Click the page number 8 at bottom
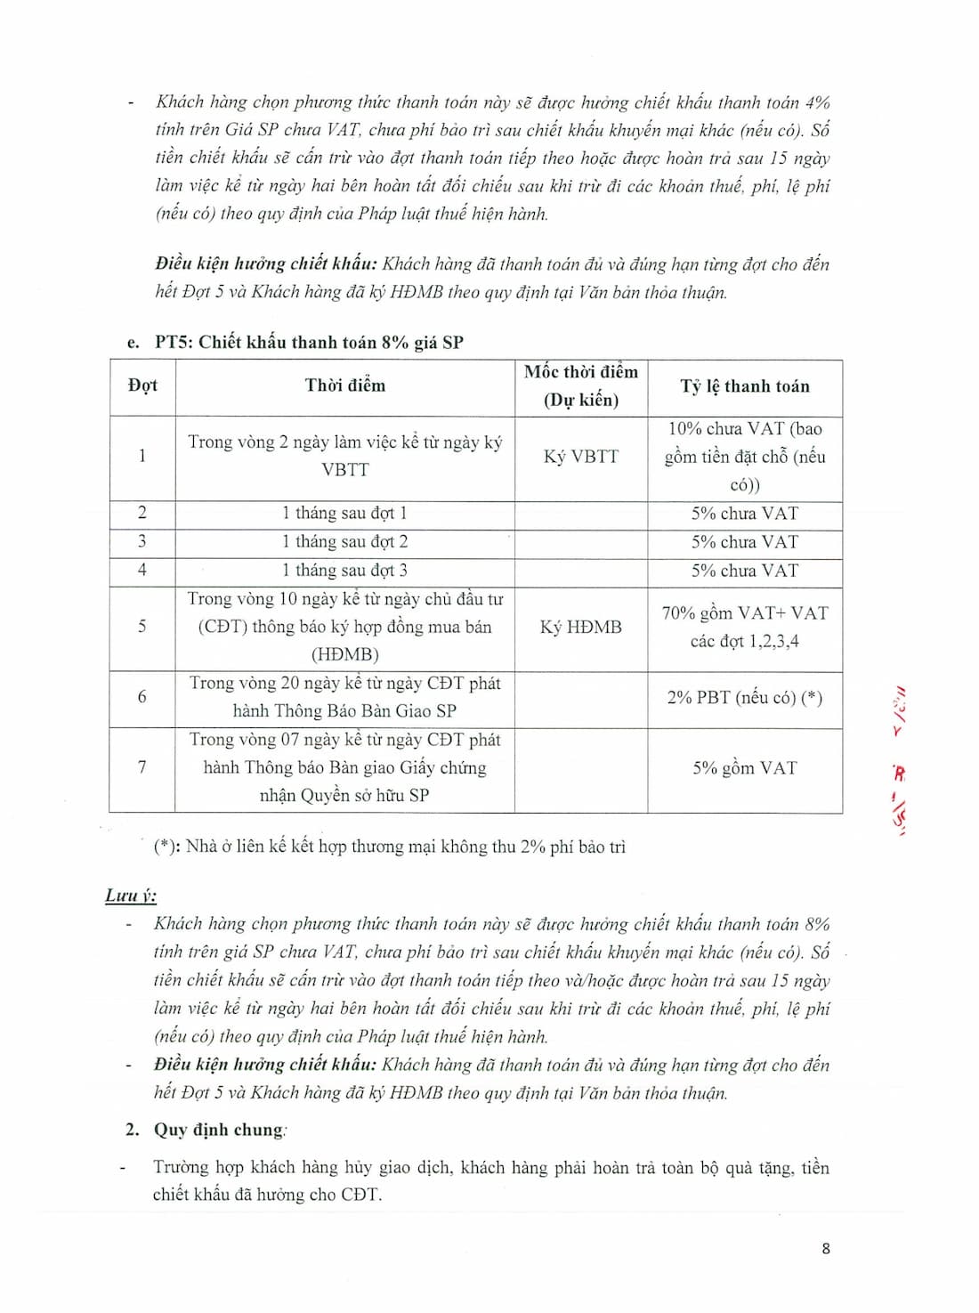point(825,1248)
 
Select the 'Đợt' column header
point(142,385)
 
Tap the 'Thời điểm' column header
point(345,385)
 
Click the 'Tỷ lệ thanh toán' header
point(745,386)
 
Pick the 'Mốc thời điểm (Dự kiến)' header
point(580,385)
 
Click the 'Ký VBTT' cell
point(580,457)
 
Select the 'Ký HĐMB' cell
point(580,628)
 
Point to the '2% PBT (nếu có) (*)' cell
point(745,698)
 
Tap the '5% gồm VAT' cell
point(745,768)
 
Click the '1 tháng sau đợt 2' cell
point(345,542)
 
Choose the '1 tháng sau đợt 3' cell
point(345,571)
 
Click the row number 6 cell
point(142,697)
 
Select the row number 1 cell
point(142,456)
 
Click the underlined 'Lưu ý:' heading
point(130,896)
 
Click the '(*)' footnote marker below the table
point(165,847)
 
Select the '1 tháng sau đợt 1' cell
point(345,514)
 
